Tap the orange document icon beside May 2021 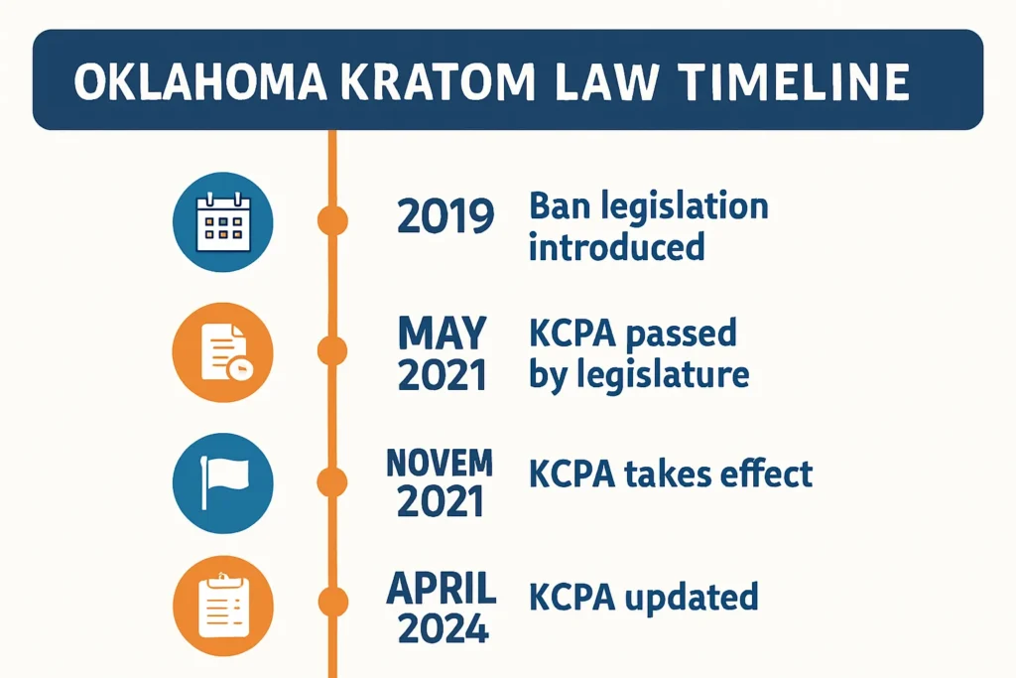click(222, 351)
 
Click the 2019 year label click(444, 216)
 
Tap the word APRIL click(442, 589)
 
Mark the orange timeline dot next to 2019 click(333, 219)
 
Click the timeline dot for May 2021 click(333, 350)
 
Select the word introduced click(615, 245)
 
